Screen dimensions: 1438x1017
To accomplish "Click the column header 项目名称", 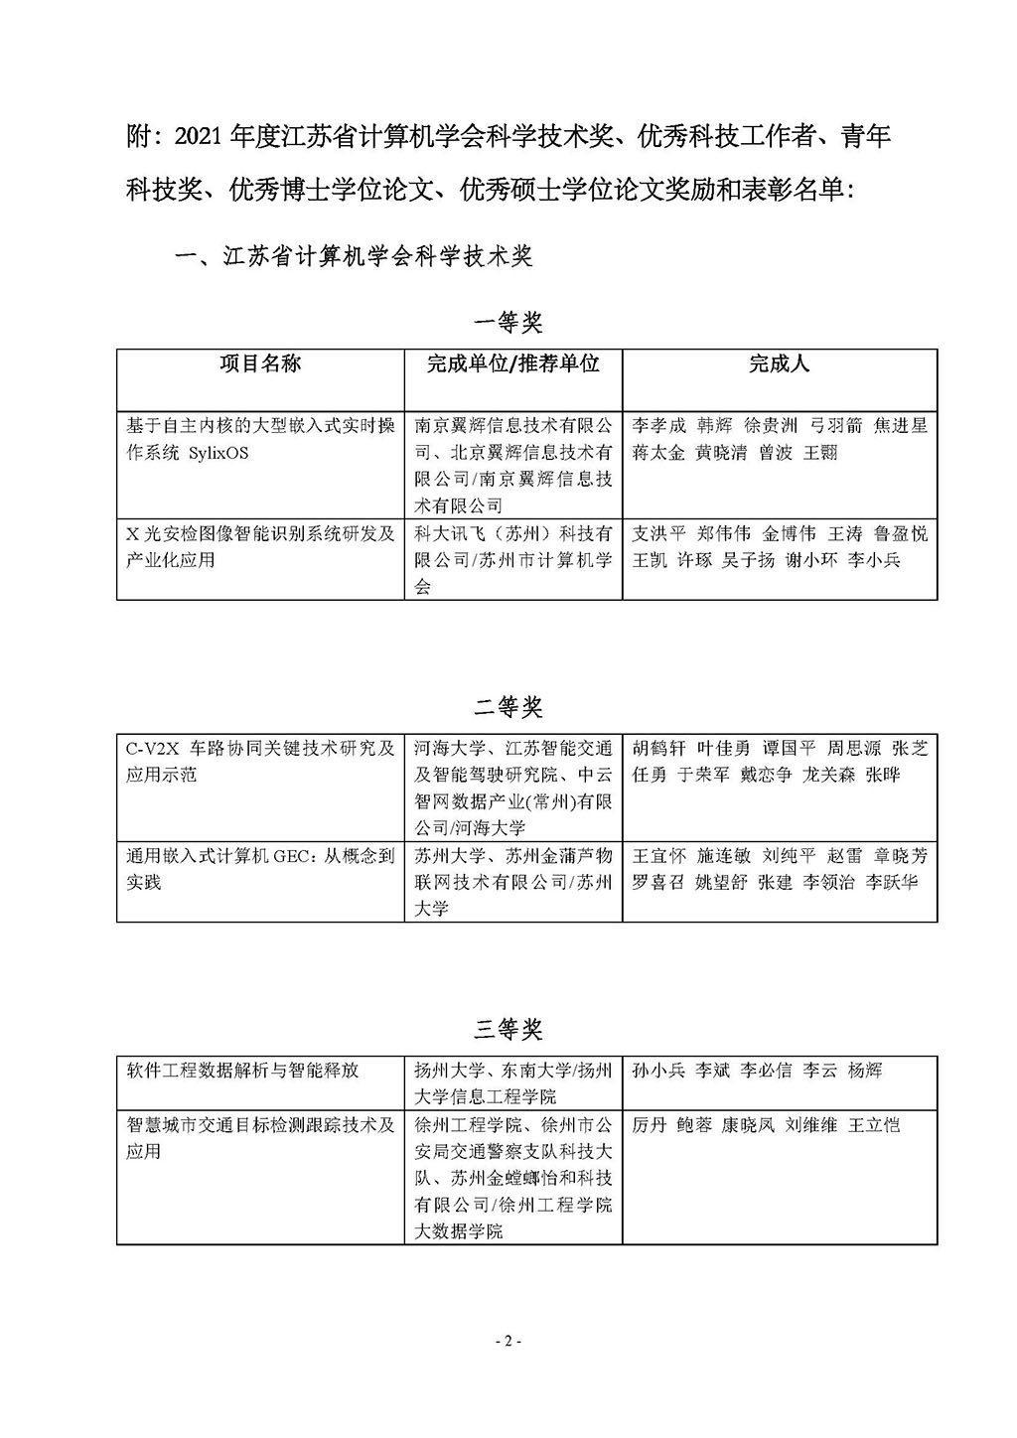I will [x=260, y=363].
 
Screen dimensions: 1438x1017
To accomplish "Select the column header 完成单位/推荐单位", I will [x=512, y=363].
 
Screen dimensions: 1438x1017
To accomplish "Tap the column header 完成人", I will [x=779, y=363].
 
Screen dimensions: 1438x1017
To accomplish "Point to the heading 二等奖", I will [x=508, y=707].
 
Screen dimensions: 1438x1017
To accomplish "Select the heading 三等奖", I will [x=508, y=1029].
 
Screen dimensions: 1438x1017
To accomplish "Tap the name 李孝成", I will [x=658, y=426].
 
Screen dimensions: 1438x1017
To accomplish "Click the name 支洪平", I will [x=658, y=534].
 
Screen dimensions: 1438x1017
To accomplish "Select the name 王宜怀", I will [x=658, y=856].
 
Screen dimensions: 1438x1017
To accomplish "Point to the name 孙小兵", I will [x=658, y=1071].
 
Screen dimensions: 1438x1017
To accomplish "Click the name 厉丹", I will [x=650, y=1125].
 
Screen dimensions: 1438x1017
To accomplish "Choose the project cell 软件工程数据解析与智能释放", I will [x=242, y=1071].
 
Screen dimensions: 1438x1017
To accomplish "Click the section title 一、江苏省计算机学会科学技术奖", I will [x=354, y=257].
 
